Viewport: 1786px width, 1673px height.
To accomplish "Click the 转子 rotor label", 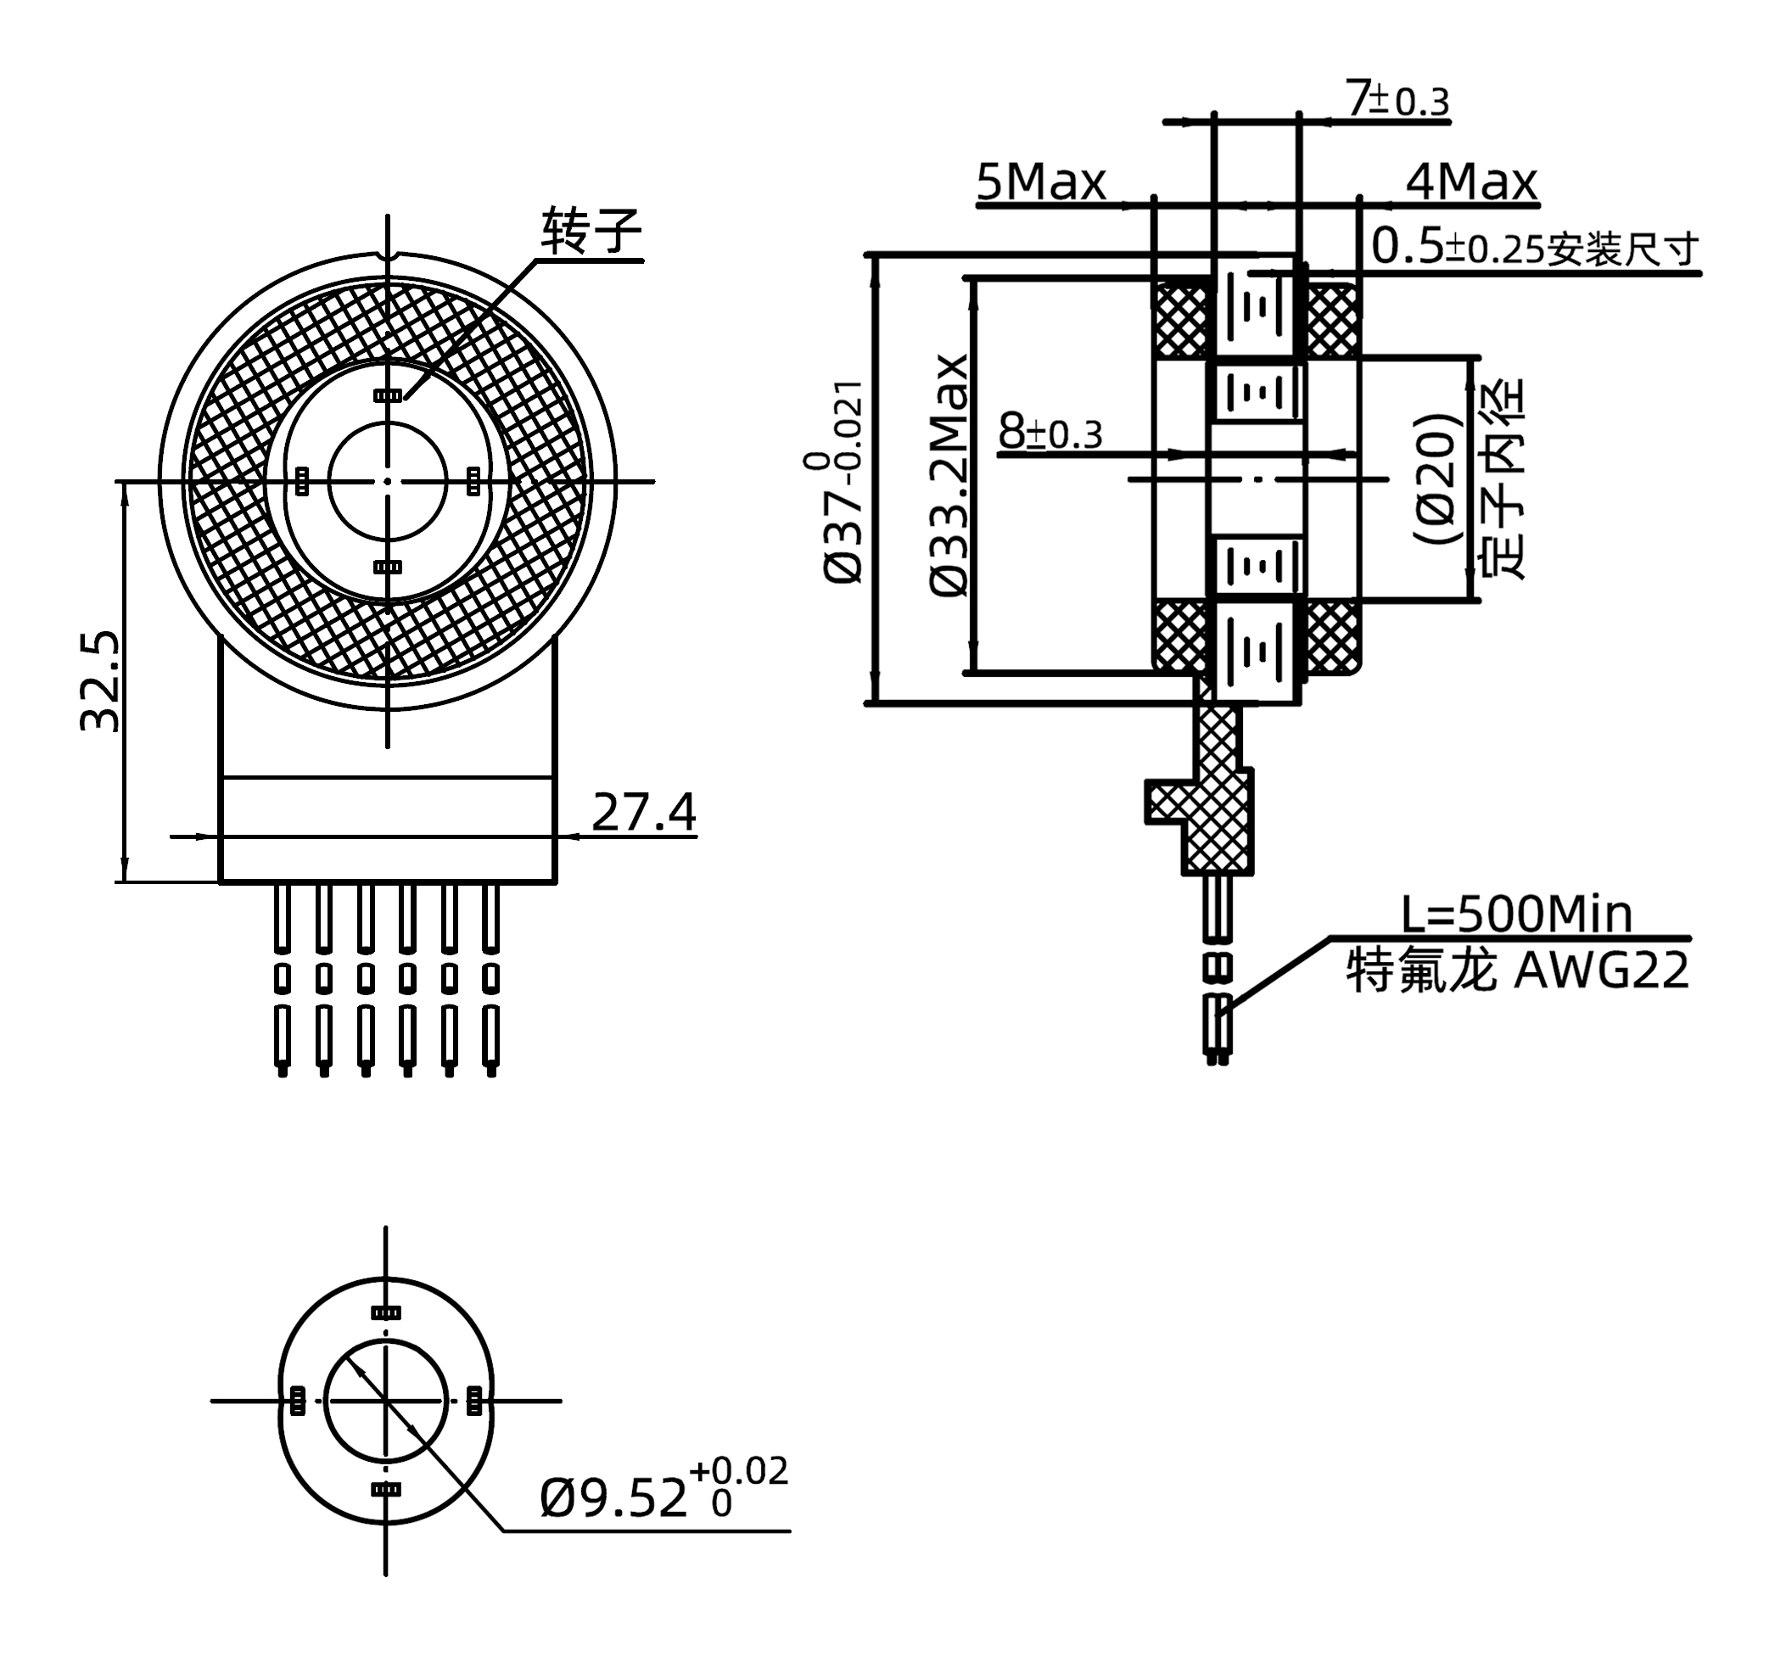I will coord(591,232).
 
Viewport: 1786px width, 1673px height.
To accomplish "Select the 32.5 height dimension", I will coord(100,681).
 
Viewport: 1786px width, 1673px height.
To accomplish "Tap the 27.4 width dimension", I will coord(643,812).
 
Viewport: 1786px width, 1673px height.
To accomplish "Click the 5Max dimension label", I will coord(1040,182).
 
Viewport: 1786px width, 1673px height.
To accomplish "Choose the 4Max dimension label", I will coord(1470,182).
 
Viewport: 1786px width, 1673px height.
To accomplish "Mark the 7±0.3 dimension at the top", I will coord(1398,98).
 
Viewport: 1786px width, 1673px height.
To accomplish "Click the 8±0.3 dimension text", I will coord(1050,432).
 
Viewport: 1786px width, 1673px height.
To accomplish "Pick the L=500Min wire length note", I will coord(1516,915).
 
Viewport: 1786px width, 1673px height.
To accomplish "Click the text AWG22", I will coord(1601,971).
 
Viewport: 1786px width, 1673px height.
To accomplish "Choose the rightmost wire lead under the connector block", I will coord(490,979).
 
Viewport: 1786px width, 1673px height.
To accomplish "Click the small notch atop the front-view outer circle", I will coord(388,257).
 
